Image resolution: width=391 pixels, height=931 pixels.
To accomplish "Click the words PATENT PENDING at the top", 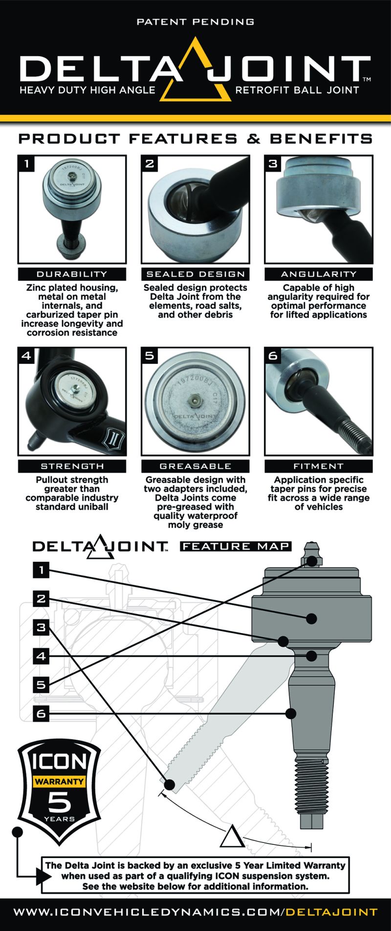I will coord(195,22).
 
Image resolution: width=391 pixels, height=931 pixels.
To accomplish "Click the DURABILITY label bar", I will coord(72,274).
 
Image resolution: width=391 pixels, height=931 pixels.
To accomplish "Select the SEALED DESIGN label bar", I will coord(195,274).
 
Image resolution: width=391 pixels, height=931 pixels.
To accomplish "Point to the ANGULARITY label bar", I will coord(319,274).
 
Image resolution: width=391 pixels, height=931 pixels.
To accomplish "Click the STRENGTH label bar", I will coord(72,466).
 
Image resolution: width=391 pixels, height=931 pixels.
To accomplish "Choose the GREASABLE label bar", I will coord(195,466).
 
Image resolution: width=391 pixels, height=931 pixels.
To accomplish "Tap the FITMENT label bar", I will coord(319,466).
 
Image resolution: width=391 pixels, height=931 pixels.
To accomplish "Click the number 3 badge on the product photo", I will coord(273,163).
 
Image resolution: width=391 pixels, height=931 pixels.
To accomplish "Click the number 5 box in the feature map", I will coord(41,685).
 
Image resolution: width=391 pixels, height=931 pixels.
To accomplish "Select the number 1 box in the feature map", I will coord(41,569).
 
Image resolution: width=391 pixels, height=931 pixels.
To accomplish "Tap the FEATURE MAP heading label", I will coord(236,546).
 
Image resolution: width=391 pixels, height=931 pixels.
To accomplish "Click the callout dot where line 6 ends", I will coord(290,714).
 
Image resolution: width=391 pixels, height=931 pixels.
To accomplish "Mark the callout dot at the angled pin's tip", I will coord(170,785).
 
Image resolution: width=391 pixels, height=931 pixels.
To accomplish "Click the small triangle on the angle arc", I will coord(232,837).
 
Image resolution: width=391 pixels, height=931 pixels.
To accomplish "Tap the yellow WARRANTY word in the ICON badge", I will coord(59,782).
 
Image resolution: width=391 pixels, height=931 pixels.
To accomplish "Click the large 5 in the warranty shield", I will coord(59,802).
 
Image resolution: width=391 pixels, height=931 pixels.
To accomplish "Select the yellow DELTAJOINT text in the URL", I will coord(331,912).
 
